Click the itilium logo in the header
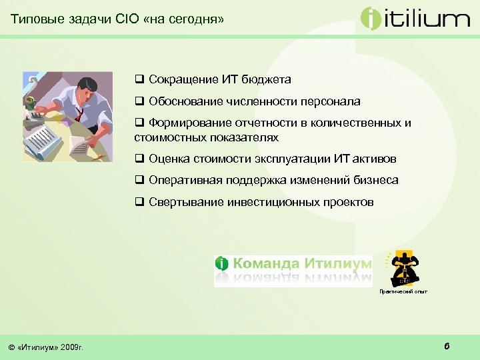(415, 18)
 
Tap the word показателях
(238, 137)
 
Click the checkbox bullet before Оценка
(139, 159)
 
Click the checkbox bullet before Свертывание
(139, 202)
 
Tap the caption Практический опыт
(403, 291)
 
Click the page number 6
(446, 345)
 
